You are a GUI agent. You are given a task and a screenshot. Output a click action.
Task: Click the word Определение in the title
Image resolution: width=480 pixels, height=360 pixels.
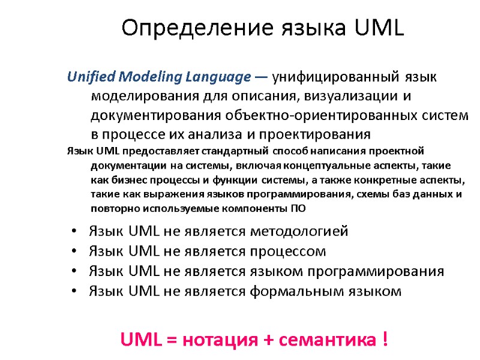(x=169, y=27)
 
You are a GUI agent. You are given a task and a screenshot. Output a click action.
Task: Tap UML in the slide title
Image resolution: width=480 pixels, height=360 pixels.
(x=380, y=27)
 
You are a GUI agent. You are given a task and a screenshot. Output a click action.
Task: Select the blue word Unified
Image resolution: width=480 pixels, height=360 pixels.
(x=91, y=77)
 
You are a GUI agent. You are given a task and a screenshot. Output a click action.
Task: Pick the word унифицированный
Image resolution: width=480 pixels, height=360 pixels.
(x=336, y=77)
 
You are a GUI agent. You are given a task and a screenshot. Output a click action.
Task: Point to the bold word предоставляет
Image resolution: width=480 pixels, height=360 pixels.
(x=158, y=151)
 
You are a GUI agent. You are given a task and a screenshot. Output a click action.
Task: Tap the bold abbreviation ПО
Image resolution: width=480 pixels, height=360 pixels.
(x=298, y=209)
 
